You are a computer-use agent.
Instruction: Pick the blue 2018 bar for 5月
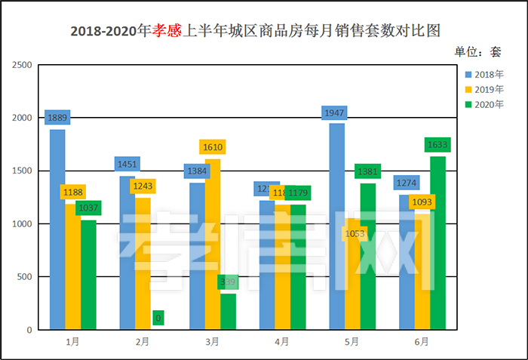tap(337, 226)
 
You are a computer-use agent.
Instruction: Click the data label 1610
tap(213, 147)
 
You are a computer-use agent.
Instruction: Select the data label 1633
tap(437, 144)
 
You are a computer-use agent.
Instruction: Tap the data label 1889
tap(57, 118)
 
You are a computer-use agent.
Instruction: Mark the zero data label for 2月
tap(158, 318)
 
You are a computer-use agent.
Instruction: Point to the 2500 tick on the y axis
tap(23, 66)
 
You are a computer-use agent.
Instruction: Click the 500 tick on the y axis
tap(25, 277)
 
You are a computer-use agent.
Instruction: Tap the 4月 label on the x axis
tap(282, 342)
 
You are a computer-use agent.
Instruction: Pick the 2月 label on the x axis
tap(143, 342)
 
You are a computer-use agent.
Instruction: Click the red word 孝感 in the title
tap(167, 31)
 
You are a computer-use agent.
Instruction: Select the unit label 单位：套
tap(477, 52)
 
